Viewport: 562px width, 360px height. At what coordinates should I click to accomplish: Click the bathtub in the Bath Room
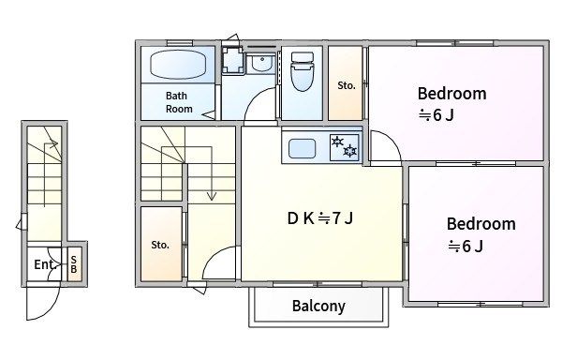pos(178,65)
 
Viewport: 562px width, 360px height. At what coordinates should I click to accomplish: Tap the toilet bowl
pos(303,71)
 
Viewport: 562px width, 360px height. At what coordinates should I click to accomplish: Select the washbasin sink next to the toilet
pos(261,63)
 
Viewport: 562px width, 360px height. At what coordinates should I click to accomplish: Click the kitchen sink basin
pos(303,148)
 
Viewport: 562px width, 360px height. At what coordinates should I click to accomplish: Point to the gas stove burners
pos(344,147)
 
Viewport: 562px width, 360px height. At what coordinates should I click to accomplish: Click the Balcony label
pos(318,306)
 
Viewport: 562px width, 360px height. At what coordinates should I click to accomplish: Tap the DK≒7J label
pos(320,217)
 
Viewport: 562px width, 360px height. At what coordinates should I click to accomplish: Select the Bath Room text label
pos(179,102)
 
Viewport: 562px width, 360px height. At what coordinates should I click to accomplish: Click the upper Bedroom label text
pos(452,94)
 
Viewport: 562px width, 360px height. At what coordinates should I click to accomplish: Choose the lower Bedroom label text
pos(481,224)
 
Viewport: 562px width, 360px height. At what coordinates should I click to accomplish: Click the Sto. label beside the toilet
pos(347,85)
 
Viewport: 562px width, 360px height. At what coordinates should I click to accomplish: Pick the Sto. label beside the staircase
pos(160,245)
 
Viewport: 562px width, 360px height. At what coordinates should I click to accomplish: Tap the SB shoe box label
pos(73,264)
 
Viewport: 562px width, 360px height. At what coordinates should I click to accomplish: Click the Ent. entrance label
pos(44,264)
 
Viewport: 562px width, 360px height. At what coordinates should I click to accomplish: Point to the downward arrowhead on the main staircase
pos(212,196)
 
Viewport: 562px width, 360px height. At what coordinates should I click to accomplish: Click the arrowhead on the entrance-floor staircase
pos(53,144)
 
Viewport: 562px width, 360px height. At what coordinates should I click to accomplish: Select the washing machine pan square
pos(233,60)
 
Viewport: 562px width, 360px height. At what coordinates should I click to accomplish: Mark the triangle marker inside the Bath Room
pos(209,115)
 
